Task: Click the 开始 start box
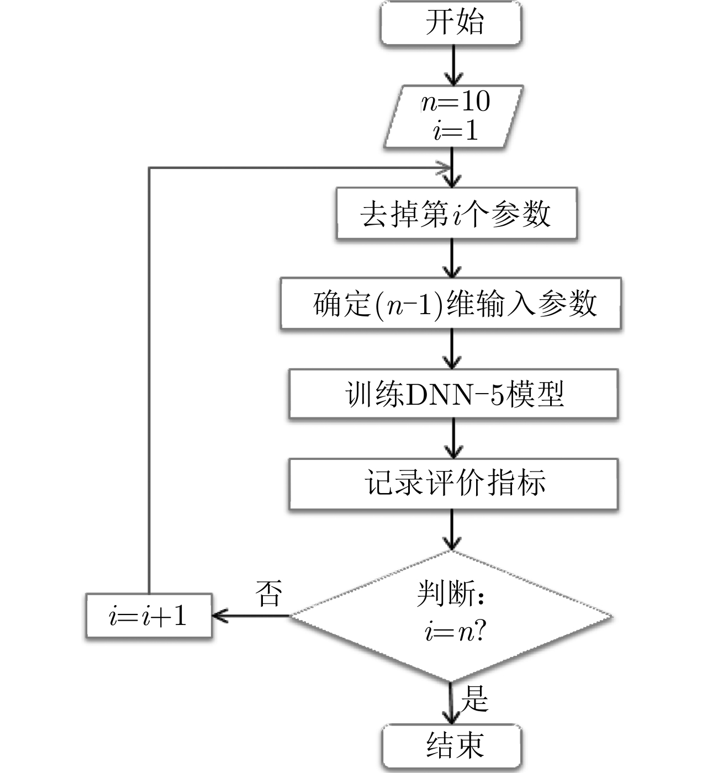tap(451, 23)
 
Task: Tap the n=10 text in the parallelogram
tap(456, 102)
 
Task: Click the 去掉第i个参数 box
tap(456, 214)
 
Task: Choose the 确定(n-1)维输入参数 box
tap(451, 304)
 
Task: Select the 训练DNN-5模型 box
tap(453, 394)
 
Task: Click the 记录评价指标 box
tap(453, 484)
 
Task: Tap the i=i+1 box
tap(149, 616)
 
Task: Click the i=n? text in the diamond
tap(455, 632)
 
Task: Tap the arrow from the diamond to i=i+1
tap(251, 616)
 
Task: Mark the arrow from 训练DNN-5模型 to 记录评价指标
tap(453, 438)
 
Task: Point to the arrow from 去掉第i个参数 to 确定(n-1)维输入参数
tap(452, 258)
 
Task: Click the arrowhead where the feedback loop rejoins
tap(444, 168)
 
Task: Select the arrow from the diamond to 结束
tap(450, 703)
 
